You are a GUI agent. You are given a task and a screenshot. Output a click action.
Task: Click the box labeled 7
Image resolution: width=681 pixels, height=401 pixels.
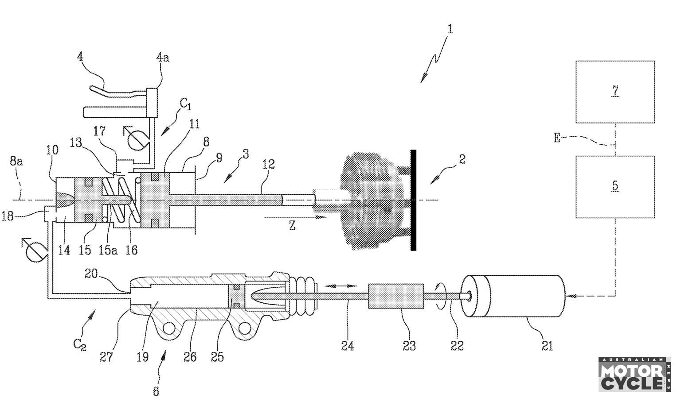click(615, 92)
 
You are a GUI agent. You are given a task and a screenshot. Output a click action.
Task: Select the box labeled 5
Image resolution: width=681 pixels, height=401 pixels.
click(615, 187)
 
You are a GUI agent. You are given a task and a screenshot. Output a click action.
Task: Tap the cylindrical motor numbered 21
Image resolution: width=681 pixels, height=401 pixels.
click(513, 296)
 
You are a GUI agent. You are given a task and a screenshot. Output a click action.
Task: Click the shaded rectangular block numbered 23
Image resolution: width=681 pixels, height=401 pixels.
click(396, 296)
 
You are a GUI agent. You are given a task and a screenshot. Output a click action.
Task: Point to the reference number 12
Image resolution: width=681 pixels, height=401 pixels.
click(268, 164)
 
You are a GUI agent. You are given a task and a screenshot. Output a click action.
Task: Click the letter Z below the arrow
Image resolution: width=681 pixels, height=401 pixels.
click(292, 226)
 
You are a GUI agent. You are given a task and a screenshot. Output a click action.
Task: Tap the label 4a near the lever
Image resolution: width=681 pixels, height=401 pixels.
click(163, 57)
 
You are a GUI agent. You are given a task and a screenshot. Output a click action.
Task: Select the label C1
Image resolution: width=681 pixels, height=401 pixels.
click(186, 104)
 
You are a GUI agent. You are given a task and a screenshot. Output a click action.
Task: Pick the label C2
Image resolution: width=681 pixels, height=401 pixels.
click(80, 345)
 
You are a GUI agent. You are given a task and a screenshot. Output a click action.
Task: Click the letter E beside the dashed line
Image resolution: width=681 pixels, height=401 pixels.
click(557, 138)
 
